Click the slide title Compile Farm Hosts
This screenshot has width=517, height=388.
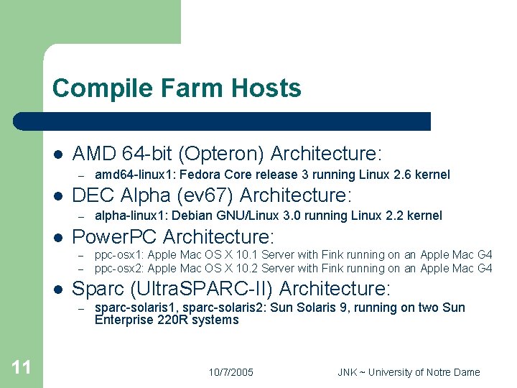pyautogui.click(x=177, y=88)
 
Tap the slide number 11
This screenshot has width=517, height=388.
pyautogui.click(x=22, y=368)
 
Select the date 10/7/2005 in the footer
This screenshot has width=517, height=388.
pyautogui.click(x=230, y=372)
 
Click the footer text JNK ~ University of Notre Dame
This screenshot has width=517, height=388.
pyautogui.click(x=409, y=372)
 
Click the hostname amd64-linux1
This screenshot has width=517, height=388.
pyautogui.click(x=129, y=175)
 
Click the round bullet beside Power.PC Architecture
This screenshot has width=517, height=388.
pyautogui.click(x=57, y=236)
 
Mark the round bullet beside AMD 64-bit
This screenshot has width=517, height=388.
pyautogui.click(x=57, y=154)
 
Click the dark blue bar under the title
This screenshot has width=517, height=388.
pyautogui.click(x=223, y=121)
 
